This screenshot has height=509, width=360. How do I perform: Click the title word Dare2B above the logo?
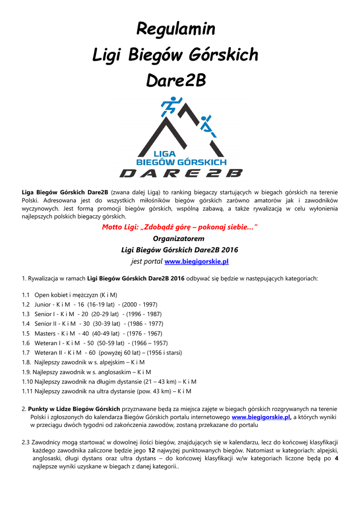coord(176,81)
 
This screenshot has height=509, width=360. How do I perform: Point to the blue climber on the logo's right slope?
coord(207,126)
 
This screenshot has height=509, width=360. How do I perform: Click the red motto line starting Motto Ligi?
coord(180,227)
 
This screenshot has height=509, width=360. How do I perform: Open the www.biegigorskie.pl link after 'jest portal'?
coord(196,261)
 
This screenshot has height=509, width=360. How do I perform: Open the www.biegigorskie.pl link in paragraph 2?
coord(261,418)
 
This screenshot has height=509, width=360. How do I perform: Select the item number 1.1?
coord(26,295)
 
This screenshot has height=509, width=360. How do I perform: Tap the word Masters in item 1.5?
coord(45,333)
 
